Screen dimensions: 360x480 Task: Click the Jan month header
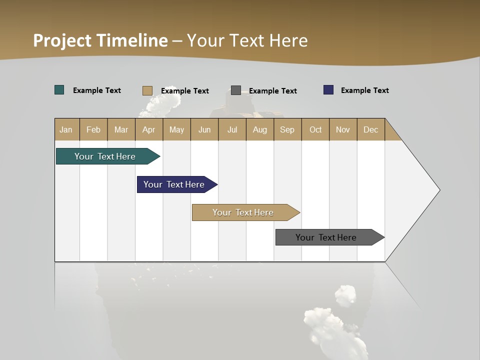[66, 129]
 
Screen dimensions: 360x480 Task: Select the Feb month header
[93, 129]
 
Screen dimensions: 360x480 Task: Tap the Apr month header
[148, 129]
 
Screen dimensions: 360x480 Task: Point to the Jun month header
[204, 129]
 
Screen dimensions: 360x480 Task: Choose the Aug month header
[259, 129]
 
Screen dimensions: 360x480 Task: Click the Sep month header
[287, 129]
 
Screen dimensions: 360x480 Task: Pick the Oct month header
[315, 129]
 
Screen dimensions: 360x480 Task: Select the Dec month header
[370, 129]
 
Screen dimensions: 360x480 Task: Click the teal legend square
[59, 90]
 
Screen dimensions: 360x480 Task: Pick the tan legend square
[147, 90]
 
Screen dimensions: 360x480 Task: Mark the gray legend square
[236, 90]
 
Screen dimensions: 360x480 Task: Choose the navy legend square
[328, 90]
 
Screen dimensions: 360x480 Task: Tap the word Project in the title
[62, 40]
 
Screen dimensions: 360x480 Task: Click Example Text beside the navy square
[364, 90]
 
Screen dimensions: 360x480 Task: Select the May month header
[176, 129]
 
